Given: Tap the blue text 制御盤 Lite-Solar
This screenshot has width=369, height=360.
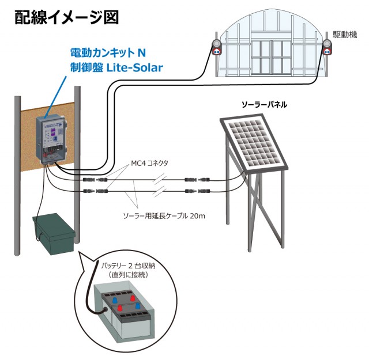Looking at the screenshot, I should pos(113,67).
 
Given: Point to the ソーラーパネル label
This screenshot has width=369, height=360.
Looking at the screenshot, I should pos(264,105).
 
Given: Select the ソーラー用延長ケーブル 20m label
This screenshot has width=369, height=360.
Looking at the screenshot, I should pos(165,216).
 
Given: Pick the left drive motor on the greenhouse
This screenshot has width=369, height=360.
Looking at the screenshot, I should pos(218,48).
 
